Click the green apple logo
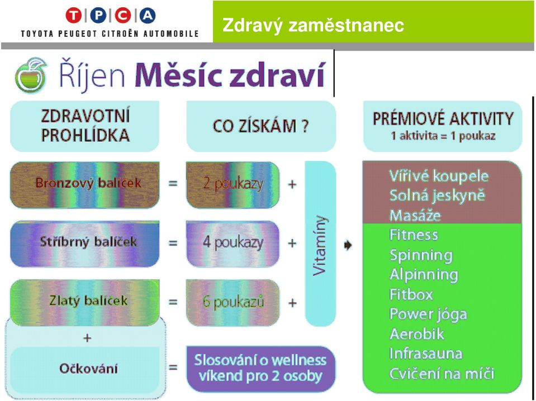pyautogui.click(x=31, y=75)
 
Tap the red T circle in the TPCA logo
pyautogui.click(x=73, y=16)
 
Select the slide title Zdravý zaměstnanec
pyautogui.click(x=313, y=25)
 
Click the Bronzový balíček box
pyautogui.click(x=85, y=185)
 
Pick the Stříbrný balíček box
pyautogui.click(x=85, y=244)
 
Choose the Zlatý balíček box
pyautogui.click(x=85, y=302)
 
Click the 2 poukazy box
pyautogui.click(x=233, y=185)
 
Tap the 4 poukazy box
pyautogui.click(x=233, y=244)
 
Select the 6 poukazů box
pyautogui.click(x=233, y=302)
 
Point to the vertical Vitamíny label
pyautogui.click(x=320, y=245)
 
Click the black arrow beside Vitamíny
pyautogui.click(x=348, y=245)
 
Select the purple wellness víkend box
pyautogui.click(x=260, y=369)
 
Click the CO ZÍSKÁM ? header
pyautogui.click(x=261, y=126)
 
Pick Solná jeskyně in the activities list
pyautogui.click(x=437, y=195)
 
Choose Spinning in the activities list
pyautogui.click(x=421, y=255)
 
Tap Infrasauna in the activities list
pyautogui.click(x=426, y=354)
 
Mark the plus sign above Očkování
pyautogui.click(x=87, y=338)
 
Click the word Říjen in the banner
pyautogui.click(x=92, y=75)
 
